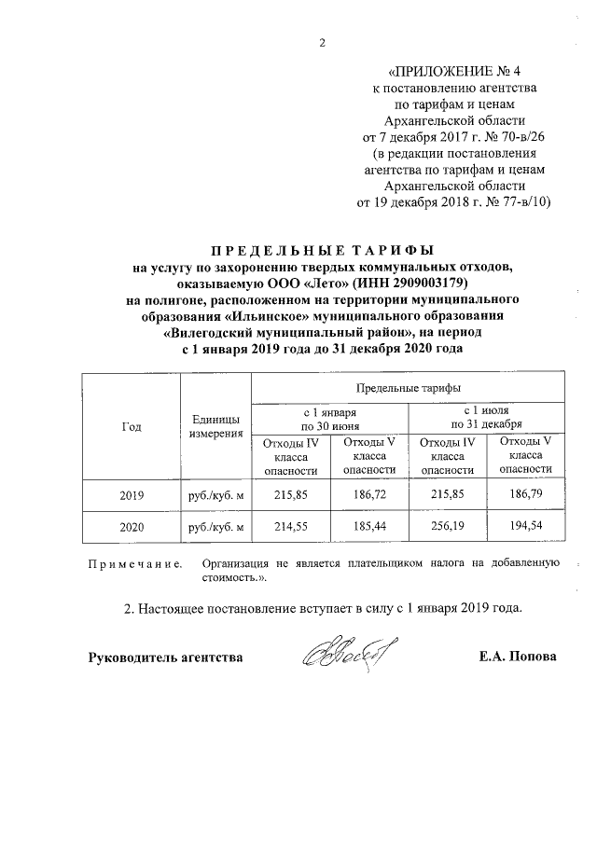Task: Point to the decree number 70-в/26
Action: pos(517,136)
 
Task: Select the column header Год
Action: pos(132,426)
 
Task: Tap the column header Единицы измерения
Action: pos(215,426)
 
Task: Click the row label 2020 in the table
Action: pos(132,527)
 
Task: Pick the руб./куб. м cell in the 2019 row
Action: pos(215,496)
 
